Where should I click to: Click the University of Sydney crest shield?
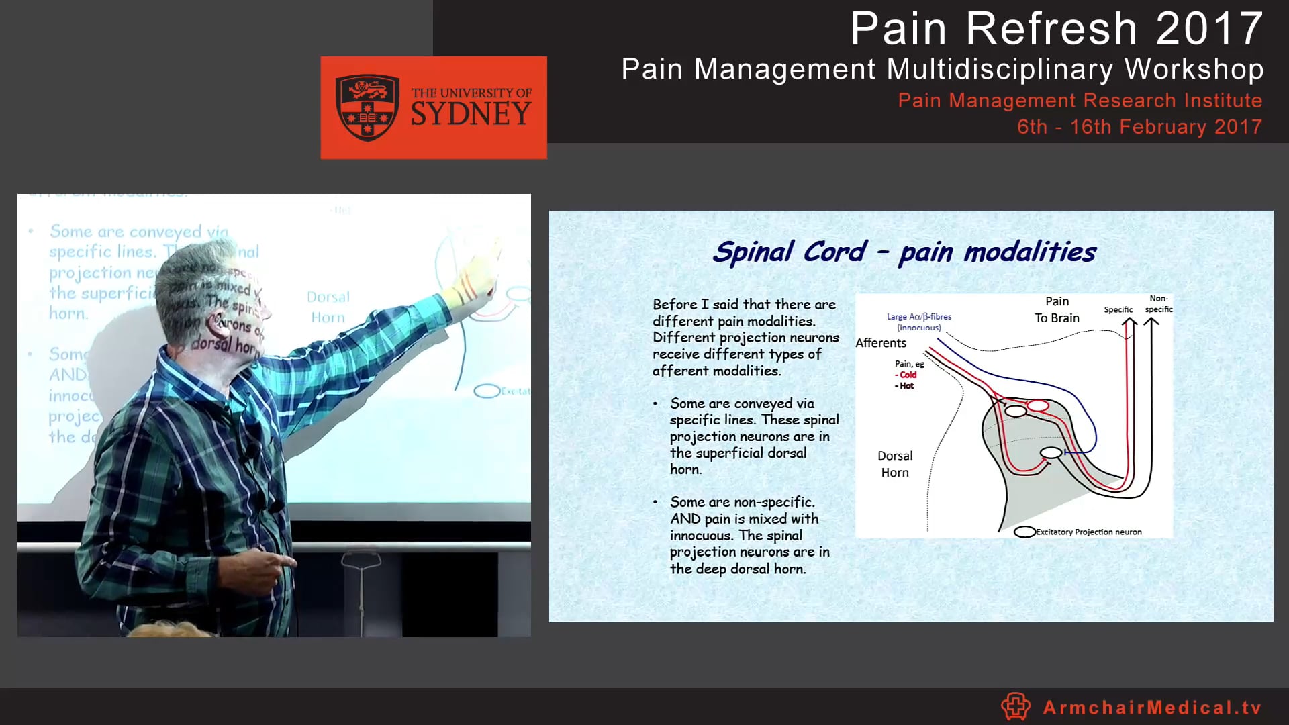[x=367, y=107]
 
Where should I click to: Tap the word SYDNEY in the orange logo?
[x=471, y=114]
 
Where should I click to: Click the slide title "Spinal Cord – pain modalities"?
[x=904, y=252]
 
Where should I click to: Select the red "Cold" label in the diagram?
[x=908, y=375]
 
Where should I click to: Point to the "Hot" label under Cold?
[x=906, y=386]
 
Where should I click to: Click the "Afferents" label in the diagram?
[x=881, y=343]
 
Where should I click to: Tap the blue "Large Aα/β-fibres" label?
[x=918, y=317]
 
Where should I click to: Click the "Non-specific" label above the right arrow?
[x=1158, y=304]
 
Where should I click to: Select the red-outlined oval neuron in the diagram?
[x=1038, y=405]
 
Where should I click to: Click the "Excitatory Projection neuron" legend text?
[x=1088, y=532]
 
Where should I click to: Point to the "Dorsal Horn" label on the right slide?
[x=895, y=464]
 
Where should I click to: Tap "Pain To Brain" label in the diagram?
[x=1057, y=309]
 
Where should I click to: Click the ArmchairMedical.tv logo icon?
[x=1016, y=706]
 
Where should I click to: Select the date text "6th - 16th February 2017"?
[x=1139, y=127]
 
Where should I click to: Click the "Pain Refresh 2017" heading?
[x=1057, y=29]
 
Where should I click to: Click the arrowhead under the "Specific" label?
[x=1129, y=323]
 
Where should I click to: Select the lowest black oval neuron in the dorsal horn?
[x=1051, y=453]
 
